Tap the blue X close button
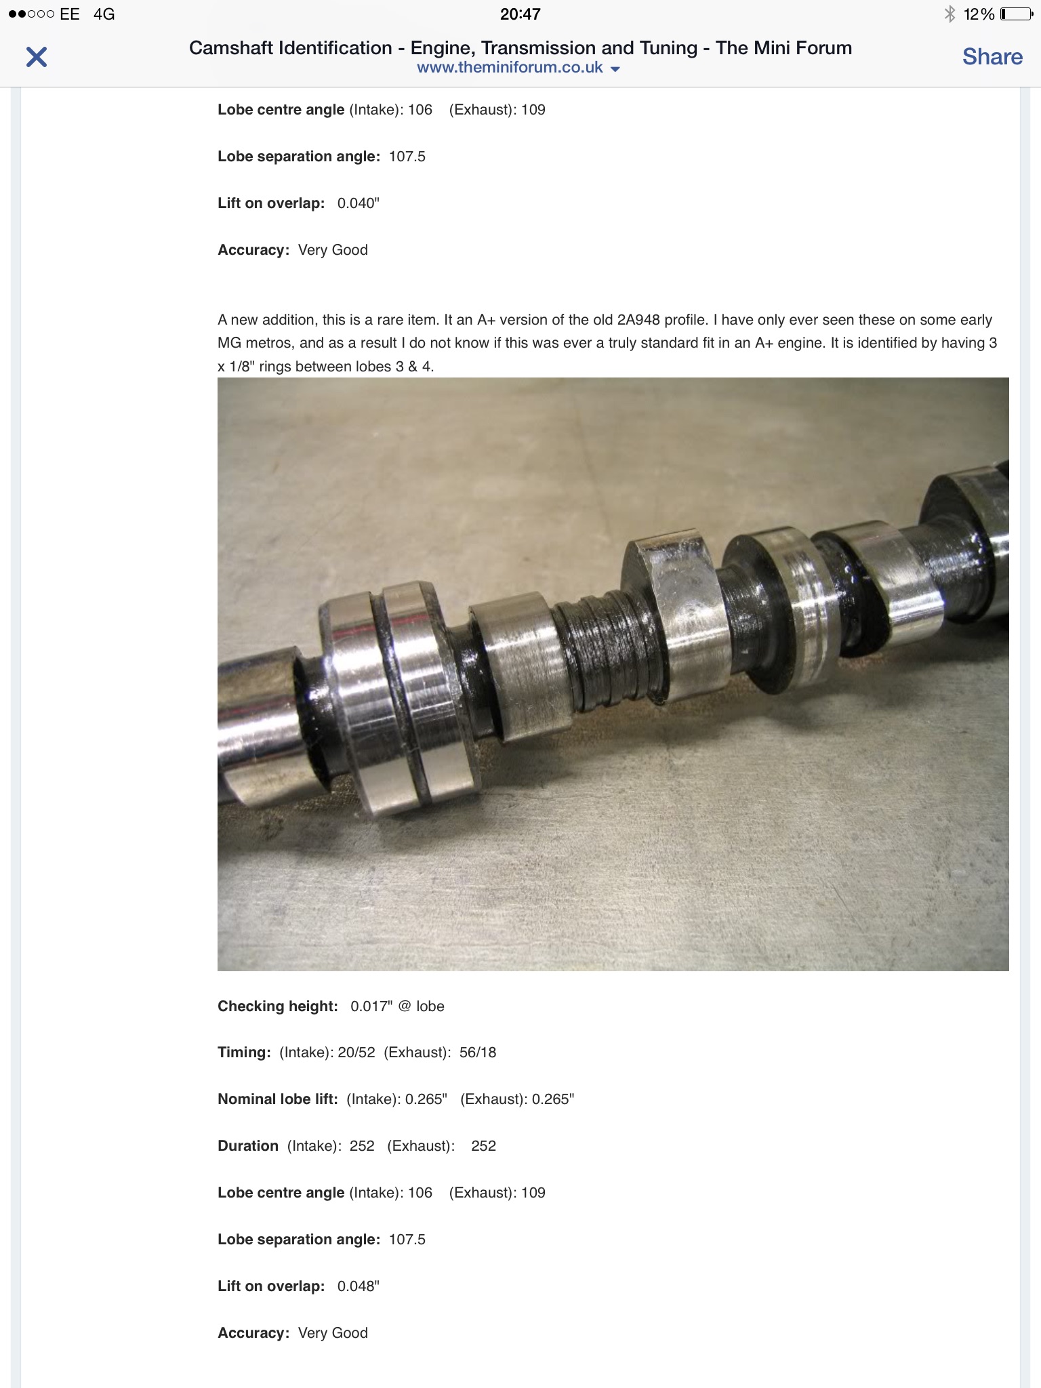pos(37,57)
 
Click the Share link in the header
pos(992,57)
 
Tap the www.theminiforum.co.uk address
pos(510,68)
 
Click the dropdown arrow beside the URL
pos(615,69)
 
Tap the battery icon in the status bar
pos(1016,14)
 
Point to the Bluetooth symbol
pos(950,14)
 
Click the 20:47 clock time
pos(520,14)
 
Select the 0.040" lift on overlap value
pos(359,203)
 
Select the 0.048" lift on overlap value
pos(359,1286)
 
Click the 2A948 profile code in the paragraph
pos(638,320)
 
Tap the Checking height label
pos(278,1006)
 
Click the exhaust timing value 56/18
pos(478,1053)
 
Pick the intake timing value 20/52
pos(356,1053)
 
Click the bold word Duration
pos(248,1146)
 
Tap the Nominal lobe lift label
pos(278,1099)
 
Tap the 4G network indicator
pos(104,14)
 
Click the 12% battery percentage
pos(979,14)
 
